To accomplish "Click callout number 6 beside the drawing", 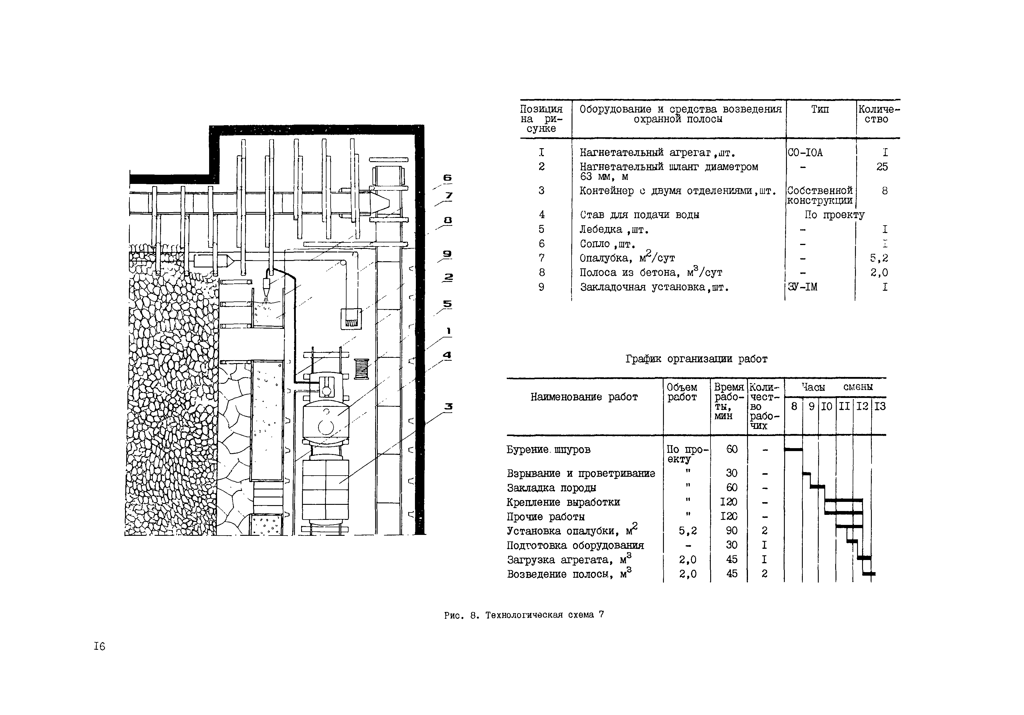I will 447,178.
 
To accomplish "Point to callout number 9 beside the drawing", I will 447,254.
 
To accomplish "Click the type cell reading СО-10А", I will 805,153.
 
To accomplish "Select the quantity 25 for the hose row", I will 882,167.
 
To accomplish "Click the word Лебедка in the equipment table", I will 601,229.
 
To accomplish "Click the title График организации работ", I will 696,359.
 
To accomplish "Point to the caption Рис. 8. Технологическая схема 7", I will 524,615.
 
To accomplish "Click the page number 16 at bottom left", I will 99,646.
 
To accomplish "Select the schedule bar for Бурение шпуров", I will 793,449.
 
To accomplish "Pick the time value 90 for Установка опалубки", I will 731,531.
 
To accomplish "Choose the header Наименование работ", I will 584,397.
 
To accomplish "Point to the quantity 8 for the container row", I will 884,191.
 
